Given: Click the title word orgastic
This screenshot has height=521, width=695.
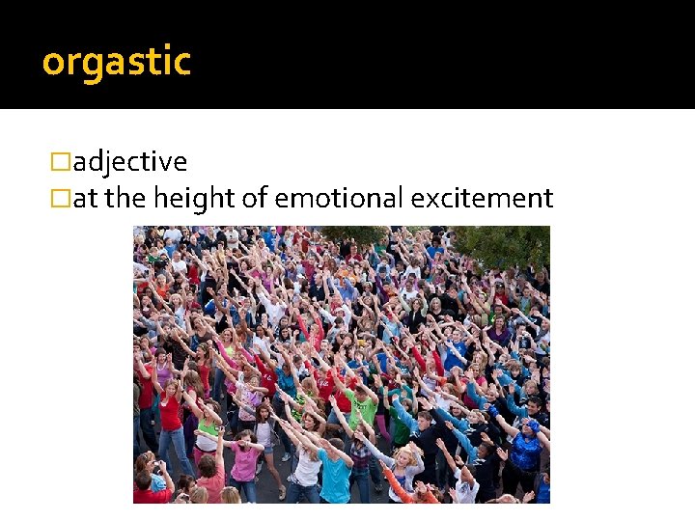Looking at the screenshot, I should (117, 63).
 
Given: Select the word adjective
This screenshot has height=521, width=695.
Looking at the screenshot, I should (130, 162).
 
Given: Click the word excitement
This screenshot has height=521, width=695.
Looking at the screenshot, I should (482, 199).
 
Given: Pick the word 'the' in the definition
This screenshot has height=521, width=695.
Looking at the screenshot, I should (124, 199).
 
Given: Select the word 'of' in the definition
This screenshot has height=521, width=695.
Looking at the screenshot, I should (255, 199).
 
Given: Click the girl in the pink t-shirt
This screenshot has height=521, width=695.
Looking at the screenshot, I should (244, 458).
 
